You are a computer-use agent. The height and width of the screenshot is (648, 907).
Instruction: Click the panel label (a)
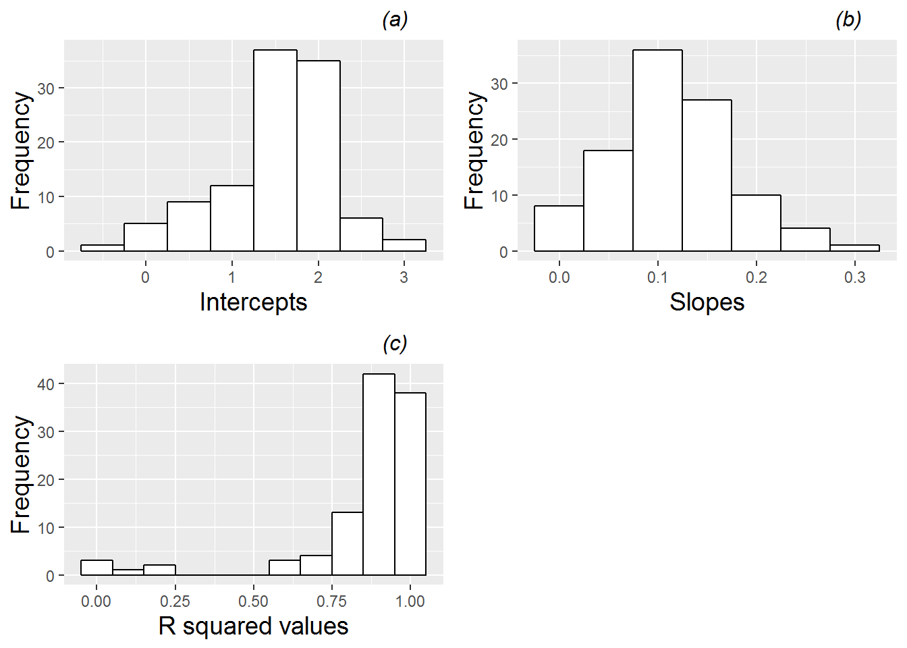[x=395, y=20]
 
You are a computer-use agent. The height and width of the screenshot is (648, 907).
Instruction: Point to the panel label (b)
[x=848, y=20]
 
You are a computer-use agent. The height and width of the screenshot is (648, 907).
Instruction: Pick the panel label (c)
[x=395, y=344]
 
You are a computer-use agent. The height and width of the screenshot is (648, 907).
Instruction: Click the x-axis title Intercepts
[x=253, y=302]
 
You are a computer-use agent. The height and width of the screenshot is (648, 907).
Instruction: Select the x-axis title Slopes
[x=707, y=302]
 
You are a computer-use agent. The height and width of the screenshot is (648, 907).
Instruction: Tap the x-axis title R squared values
[x=253, y=626]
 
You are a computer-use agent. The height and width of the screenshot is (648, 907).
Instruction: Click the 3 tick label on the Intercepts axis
[x=404, y=277]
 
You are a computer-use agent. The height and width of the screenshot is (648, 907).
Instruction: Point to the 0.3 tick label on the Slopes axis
[x=854, y=277]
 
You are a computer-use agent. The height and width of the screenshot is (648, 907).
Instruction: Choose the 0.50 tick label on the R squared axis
[x=253, y=601]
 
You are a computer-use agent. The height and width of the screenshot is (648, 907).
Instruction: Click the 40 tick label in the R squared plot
[x=46, y=384]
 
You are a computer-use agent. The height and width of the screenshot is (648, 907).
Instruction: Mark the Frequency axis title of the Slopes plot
[x=475, y=151]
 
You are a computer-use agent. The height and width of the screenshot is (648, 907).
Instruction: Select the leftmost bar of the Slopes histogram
[x=559, y=229]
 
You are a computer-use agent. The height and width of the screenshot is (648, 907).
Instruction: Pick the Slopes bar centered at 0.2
[x=756, y=223]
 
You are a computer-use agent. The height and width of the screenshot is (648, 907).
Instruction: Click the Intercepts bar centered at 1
[x=232, y=218]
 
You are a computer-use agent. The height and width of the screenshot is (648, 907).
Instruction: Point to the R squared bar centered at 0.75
[x=348, y=544]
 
